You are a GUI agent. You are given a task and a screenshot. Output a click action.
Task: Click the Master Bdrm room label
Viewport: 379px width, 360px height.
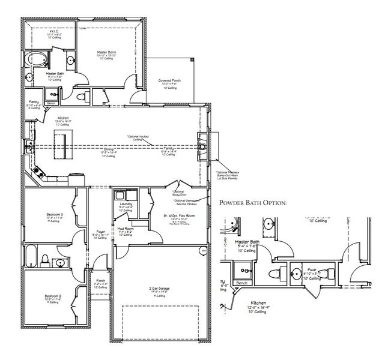(x=106, y=53)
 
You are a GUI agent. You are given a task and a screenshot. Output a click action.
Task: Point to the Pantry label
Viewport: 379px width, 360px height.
(x=34, y=102)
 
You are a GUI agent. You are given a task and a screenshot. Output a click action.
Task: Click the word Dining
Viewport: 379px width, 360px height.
(x=109, y=149)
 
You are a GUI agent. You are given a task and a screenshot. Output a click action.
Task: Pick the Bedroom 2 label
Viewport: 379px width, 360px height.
(x=52, y=295)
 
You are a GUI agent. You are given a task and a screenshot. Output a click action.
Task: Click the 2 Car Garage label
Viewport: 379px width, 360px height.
(x=160, y=289)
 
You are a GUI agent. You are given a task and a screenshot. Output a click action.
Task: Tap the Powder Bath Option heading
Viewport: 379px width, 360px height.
(x=253, y=203)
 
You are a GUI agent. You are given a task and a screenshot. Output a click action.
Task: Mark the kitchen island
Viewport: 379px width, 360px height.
(x=61, y=145)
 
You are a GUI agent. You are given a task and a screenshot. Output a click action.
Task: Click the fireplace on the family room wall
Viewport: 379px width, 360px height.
(x=203, y=145)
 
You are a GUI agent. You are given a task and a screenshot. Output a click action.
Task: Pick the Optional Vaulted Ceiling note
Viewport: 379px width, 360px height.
(x=138, y=137)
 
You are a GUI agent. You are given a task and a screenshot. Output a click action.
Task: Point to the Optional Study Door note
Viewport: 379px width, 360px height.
(x=180, y=193)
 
